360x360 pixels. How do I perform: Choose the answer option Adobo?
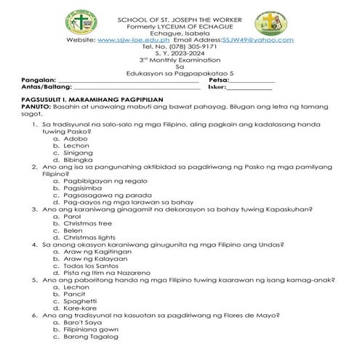[76, 138]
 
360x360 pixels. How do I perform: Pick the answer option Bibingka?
[79, 160]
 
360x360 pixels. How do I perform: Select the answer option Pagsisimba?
[84, 188]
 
